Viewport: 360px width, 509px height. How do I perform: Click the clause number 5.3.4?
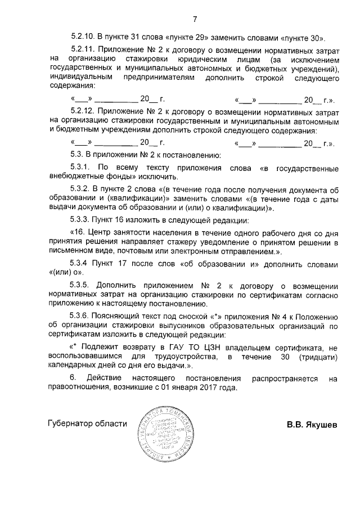[x=80, y=263]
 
